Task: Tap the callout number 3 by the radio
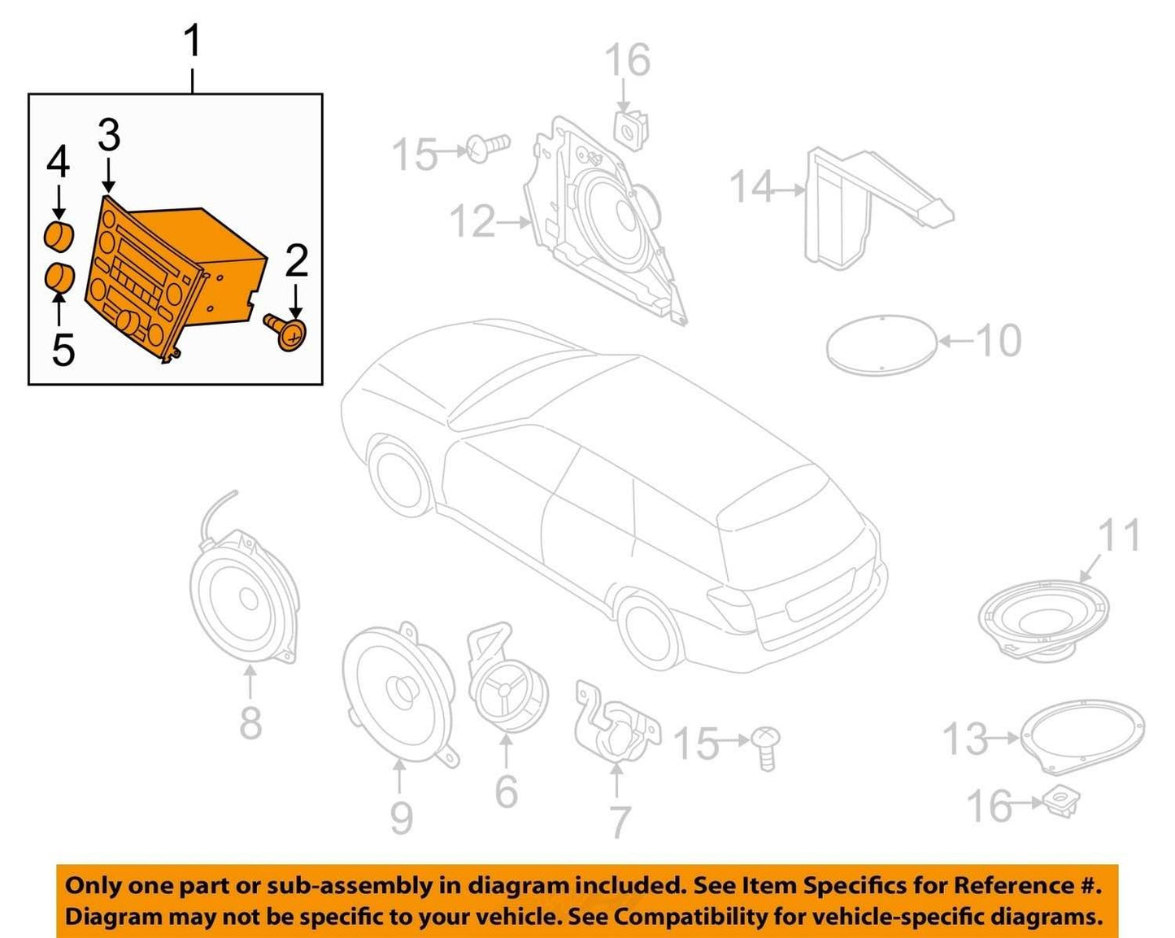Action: click(109, 136)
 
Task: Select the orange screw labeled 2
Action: click(286, 332)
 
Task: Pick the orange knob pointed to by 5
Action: click(59, 278)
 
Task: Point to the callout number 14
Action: click(751, 186)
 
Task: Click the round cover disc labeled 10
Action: click(881, 345)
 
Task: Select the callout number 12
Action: click(472, 221)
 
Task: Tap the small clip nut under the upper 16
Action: click(633, 132)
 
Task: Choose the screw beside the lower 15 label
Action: click(765, 748)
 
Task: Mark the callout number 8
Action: click(250, 722)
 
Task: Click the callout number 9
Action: click(402, 818)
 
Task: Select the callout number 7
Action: click(619, 822)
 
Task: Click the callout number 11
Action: click(1119, 534)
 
